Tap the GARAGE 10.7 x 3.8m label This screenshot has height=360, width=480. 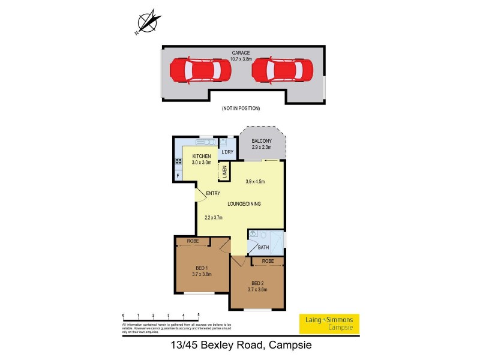pyautogui.click(x=242, y=55)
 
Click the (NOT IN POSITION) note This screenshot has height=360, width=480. pyautogui.click(x=241, y=109)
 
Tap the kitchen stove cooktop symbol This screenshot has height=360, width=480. pyautogui.click(x=178, y=161)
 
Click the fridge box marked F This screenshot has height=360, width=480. pyautogui.click(x=178, y=175)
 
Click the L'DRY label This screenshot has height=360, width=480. pyautogui.click(x=227, y=152)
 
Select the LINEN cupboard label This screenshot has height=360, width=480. pyautogui.click(x=224, y=172)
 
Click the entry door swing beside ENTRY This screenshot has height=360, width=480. pyautogui.click(x=199, y=194)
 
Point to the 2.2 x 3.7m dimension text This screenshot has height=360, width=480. pyautogui.click(x=214, y=218)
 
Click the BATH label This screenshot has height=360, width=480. pyautogui.click(x=263, y=247)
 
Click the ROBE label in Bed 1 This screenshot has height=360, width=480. pyautogui.click(x=193, y=241)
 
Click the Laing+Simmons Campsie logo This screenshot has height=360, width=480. pyautogui.click(x=329, y=323)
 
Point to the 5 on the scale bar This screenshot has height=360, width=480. pyautogui.click(x=198, y=314)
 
